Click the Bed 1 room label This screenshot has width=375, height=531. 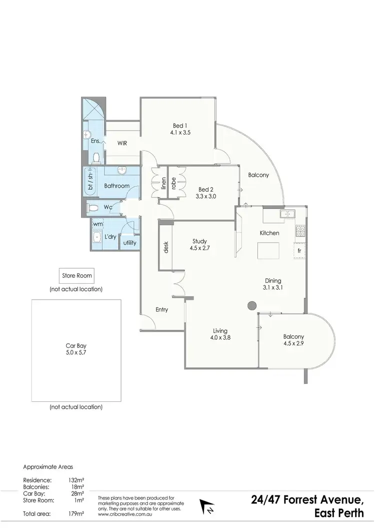click(x=178, y=125)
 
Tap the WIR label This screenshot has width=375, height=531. click(x=122, y=143)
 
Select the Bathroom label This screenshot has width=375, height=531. click(x=116, y=186)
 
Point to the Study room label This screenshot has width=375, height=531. click(x=198, y=241)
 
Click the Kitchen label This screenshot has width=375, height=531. click(x=269, y=233)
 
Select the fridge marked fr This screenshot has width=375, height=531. click(x=299, y=250)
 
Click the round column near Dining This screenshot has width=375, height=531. click(x=252, y=305)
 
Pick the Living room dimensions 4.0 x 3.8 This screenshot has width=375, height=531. click(x=219, y=338)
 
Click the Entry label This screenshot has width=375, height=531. click(x=161, y=310)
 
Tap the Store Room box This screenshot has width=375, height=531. click(x=77, y=275)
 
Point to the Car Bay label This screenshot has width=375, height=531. click(x=76, y=346)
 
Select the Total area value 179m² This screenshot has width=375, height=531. click(x=76, y=514)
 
